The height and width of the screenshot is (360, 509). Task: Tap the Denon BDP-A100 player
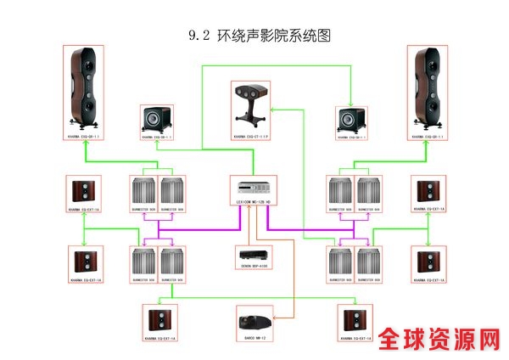pyautogui.click(x=254, y=256)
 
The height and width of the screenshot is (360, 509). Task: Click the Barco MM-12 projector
pyautogui.click(x=254, y=320)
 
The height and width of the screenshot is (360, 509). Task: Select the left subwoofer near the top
pyautogui.click(x=156, y=117)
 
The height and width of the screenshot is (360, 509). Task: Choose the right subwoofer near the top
pyautogui.click(x=350, y=117)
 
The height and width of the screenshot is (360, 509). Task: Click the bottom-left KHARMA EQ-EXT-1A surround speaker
pyautogui.click(x=161, y=320)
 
